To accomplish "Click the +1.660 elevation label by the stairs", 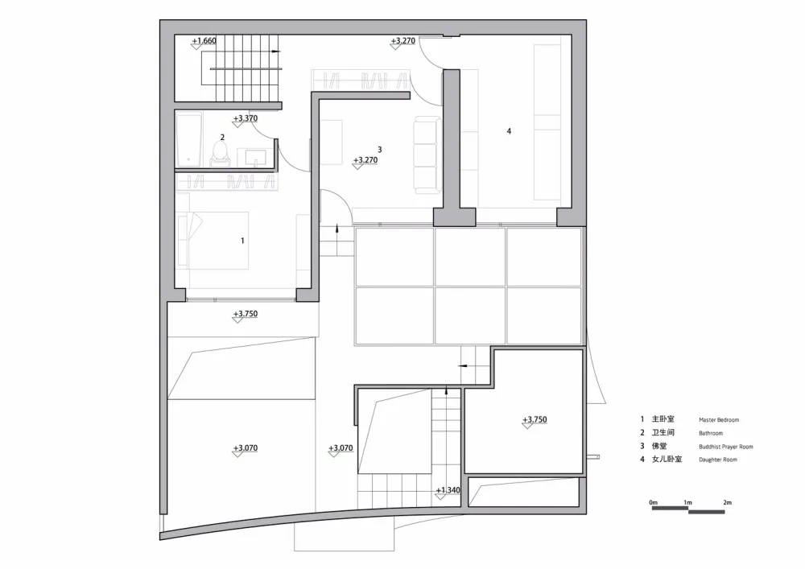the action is tap(204, 41).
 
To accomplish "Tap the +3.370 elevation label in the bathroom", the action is tap(246, 118).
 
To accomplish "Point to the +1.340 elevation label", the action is tap(448, 490).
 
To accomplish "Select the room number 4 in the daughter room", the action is tap(509, 131).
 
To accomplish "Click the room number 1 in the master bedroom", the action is tap(242, 241).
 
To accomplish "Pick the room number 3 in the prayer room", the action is tap(379, 150).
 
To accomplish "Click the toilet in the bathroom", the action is tap(221, 154).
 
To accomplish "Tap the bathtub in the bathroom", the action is tap(188, 139).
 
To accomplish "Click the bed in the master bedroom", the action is tap(213, 241).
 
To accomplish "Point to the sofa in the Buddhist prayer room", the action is tap(427, 155).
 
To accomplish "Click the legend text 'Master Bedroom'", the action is tap(719, 419).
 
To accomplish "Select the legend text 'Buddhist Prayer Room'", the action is tap(726, 447).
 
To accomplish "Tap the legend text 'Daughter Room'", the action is tap(718, 460).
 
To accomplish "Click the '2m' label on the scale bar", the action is tap(727, 502).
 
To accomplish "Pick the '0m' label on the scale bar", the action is tap(653, 502).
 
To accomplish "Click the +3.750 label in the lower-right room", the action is tap(535, 419).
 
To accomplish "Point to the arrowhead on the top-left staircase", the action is tap(276, 52).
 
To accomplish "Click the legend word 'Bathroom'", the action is tap(711, 434).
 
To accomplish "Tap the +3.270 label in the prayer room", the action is tap(365, 160).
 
